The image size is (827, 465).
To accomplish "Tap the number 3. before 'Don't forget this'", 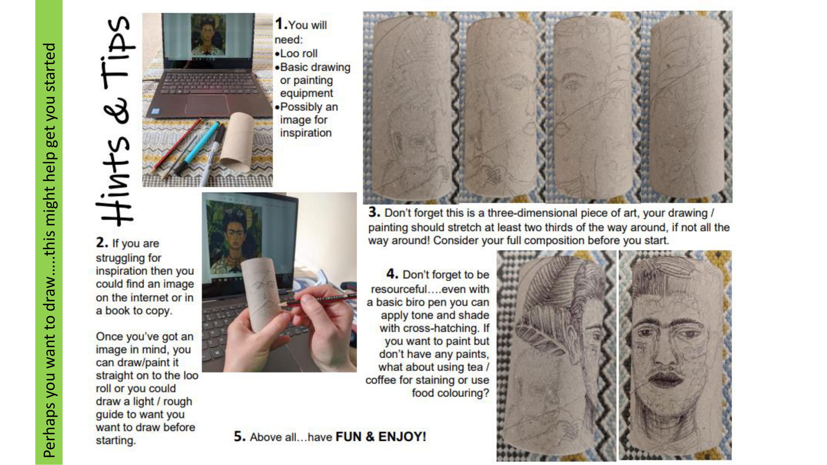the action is click(374, 212).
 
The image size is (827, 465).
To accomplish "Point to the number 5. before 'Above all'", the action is click(240, 436).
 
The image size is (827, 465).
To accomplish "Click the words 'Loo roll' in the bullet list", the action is click(299, 53).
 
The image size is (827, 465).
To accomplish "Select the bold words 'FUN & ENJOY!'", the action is click(381, 436).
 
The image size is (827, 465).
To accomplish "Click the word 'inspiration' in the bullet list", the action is click(306, 133).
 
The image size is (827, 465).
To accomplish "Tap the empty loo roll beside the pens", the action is click(237, 141).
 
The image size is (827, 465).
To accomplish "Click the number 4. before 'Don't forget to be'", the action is click(392, 274).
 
